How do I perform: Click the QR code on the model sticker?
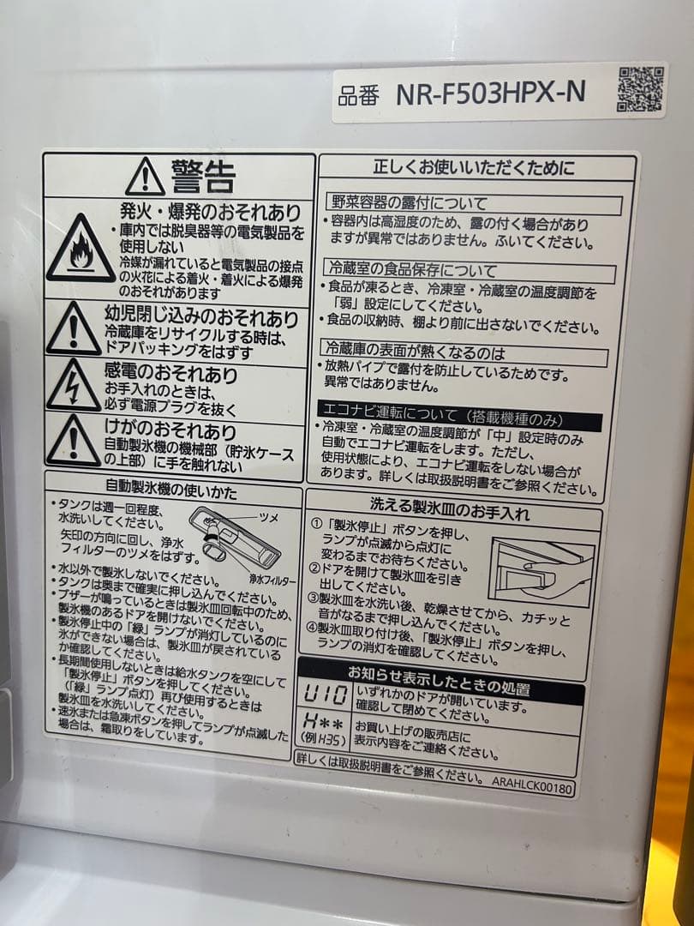(640, 90)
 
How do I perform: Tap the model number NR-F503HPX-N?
(490, 93)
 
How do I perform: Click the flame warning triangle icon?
(80, 250)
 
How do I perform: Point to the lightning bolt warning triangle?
(74, 387)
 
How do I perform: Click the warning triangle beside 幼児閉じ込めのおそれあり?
(74, 331)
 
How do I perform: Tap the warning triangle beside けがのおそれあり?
(74, 442)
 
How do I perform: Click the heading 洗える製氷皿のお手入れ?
(450, 514)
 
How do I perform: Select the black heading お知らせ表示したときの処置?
(438, 689)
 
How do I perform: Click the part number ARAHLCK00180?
(531, 782)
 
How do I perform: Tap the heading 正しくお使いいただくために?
(474, 167)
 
